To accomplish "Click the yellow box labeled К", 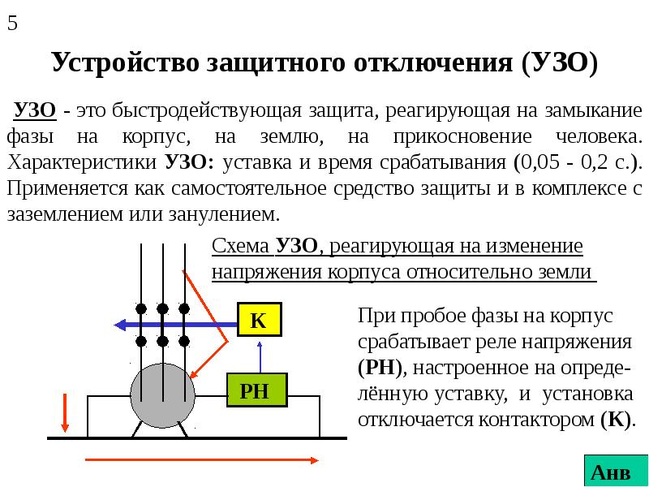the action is click(x=260, y=319).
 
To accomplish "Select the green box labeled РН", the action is click(x=257, y=390).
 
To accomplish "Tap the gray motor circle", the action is click(x=163, y=395).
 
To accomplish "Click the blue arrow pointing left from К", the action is click(x=175, y=325).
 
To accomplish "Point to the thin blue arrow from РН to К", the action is click(x=260, y=356).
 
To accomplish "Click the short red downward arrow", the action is click(x=65, y=412).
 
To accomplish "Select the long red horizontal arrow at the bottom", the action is click(x=202, y=460).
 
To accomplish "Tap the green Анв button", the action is click(x=616, y=471).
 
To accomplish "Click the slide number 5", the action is click(x=12, y=24).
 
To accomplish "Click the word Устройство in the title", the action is click(x=126, y=63).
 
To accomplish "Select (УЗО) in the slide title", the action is click(x=559, y=63).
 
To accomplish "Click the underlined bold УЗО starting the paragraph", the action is click(x=35, y=110).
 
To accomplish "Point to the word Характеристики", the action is click(x=82, y=163).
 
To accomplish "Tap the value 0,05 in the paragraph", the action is click(x=540, y=163).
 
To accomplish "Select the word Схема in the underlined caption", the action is click(x=240, y=247).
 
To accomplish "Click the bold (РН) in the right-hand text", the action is click(x=380, y=368).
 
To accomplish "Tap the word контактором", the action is click(x=537, y=420).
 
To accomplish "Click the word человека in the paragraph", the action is click(x=599, y=137).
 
